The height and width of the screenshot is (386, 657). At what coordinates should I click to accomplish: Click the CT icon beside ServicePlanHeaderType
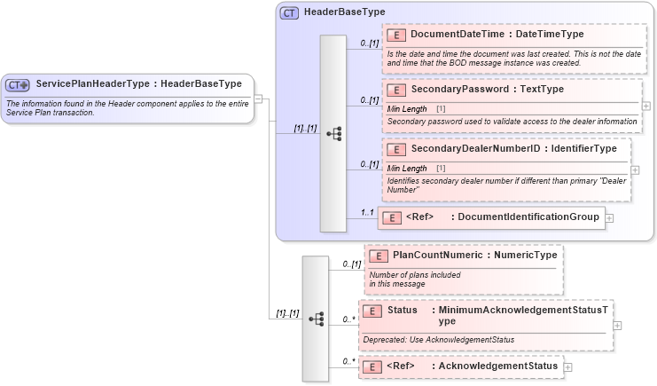tap(18, 84)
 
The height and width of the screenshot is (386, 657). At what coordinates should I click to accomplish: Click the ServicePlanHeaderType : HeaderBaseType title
tap(138, 84)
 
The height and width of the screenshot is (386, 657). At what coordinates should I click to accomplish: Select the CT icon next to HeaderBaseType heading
tap(289, 13)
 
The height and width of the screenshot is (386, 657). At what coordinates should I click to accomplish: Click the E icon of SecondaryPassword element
tap(396, 90)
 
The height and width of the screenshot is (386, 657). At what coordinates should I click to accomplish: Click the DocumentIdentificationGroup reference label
tap(525, 217)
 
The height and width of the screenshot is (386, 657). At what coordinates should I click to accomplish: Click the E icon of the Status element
tap(373, 311)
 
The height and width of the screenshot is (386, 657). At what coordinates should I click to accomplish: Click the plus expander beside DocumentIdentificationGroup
tap(610, 217)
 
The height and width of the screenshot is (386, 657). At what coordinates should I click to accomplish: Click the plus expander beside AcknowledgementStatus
tap(568, 366)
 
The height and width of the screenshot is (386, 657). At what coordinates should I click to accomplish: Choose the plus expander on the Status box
tap(617, 325)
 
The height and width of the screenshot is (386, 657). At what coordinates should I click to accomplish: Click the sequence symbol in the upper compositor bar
tap(333, 134)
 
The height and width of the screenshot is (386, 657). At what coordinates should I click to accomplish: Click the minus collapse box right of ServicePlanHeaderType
tap(260, 98)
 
